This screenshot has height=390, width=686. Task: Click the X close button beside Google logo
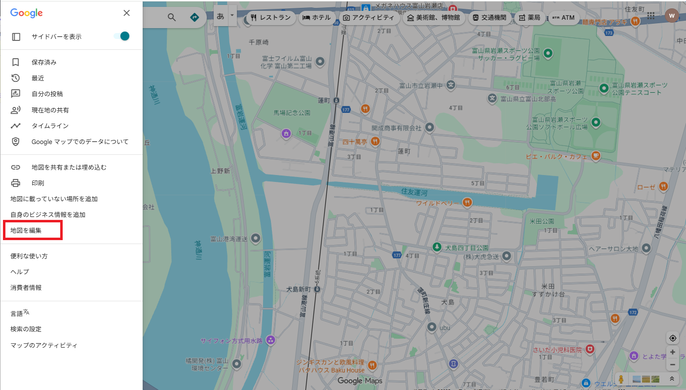tap(127, 13)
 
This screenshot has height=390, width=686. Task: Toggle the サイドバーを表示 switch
tap(121, 36)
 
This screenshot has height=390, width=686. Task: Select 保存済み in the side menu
tap(44, 62)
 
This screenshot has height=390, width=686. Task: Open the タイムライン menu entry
tap(50, 126)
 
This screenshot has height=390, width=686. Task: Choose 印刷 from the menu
tap(38, 183)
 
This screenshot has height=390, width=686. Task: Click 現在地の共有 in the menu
tap(50, 110)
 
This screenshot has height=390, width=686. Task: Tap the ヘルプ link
tap(20, 272)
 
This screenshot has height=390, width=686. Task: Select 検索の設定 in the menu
tap(26, 329)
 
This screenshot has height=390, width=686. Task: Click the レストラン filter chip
tap(270, 18)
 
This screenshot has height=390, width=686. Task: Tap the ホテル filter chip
tap(316, 18)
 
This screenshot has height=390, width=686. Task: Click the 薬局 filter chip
tap(529, 18)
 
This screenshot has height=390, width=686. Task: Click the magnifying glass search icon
tap(172, 18)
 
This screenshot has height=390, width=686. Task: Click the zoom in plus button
tap(672, 353)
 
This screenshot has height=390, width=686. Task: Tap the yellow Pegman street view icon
tap(621, 379)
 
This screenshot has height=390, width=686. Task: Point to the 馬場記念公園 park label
tap(292, 112)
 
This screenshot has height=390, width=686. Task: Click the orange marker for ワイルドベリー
tap(467, 203)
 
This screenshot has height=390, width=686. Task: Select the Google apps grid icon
tap(651, 16)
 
